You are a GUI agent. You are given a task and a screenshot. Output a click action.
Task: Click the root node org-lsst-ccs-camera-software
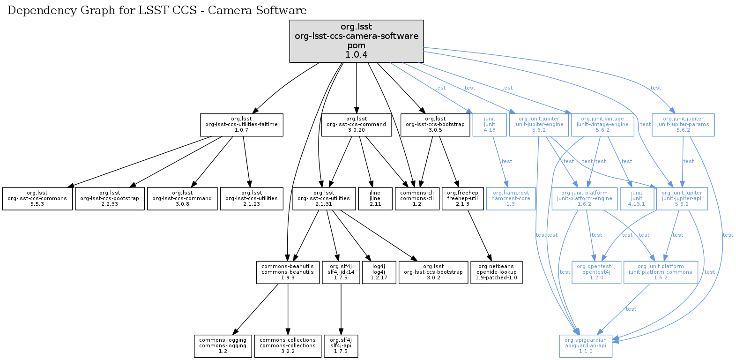356,41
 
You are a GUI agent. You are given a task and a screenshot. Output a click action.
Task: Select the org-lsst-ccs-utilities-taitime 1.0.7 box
241,125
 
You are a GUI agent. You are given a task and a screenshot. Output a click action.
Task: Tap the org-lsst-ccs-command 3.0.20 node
356,125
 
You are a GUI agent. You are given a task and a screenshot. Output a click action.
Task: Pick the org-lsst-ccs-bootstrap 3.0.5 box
435,125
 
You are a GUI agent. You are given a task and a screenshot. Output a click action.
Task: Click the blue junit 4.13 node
489,125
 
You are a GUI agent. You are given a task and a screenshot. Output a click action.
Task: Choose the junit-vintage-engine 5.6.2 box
602,125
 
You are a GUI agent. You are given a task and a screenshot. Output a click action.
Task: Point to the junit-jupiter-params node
683,125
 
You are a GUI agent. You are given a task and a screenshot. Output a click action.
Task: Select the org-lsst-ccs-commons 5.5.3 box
37,199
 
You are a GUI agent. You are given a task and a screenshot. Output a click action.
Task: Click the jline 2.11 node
375,199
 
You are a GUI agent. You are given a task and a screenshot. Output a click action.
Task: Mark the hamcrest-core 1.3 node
510,199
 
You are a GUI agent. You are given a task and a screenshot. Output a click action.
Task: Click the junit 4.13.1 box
636,199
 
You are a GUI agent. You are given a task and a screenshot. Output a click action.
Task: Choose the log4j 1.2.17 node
379,272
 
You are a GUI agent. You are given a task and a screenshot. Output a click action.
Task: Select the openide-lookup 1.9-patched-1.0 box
496,272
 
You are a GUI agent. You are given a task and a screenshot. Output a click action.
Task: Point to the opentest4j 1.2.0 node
596,272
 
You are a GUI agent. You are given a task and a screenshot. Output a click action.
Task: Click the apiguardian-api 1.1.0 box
585,346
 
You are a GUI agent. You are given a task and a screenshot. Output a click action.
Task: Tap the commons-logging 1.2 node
223,346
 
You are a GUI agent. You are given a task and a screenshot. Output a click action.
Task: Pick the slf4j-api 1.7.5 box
341,346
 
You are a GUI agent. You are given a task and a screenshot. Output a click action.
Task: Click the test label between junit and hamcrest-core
507,161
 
